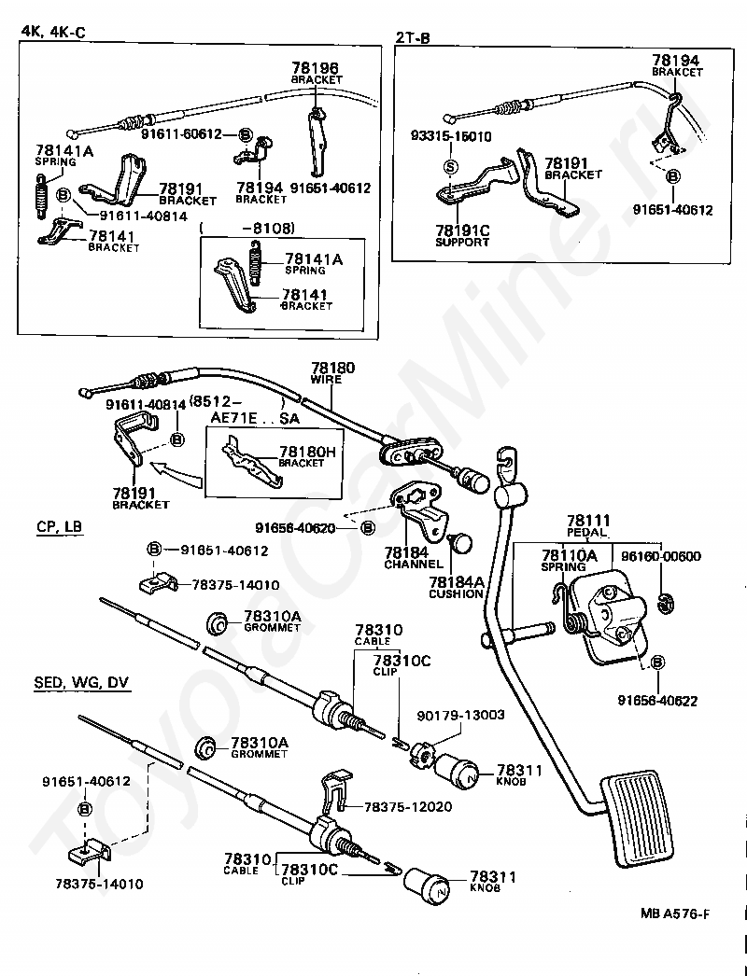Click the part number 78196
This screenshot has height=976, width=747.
(x=315, y=68)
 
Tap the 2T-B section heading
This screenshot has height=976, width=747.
(x=413, y=38)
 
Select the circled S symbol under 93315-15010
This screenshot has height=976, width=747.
(x=450, y=166)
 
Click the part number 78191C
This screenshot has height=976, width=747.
(x=462, y=230)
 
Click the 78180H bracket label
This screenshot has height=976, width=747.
(x=307, y=452)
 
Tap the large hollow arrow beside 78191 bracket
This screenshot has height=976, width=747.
(x=178, y=474)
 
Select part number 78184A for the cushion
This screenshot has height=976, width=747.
(x=456, y=582)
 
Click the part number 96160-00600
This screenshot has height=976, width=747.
(x=661, y=556)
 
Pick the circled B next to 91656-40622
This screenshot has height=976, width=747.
(x=657, y=662)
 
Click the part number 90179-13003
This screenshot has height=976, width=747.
(x=461, y=715)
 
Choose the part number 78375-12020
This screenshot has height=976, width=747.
(x=408, y=807)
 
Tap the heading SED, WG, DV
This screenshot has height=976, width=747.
(x=81, y=683)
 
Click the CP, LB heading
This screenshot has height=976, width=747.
(x=59, y=526)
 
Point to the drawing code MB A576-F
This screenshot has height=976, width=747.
(x=675, y=914)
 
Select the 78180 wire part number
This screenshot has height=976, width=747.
(x=333, y=368)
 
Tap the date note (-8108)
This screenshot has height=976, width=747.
(x=247, y=229)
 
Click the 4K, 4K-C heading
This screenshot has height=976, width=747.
(x=53, y=31)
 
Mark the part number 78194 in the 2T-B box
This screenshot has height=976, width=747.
(x=676, y=61)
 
